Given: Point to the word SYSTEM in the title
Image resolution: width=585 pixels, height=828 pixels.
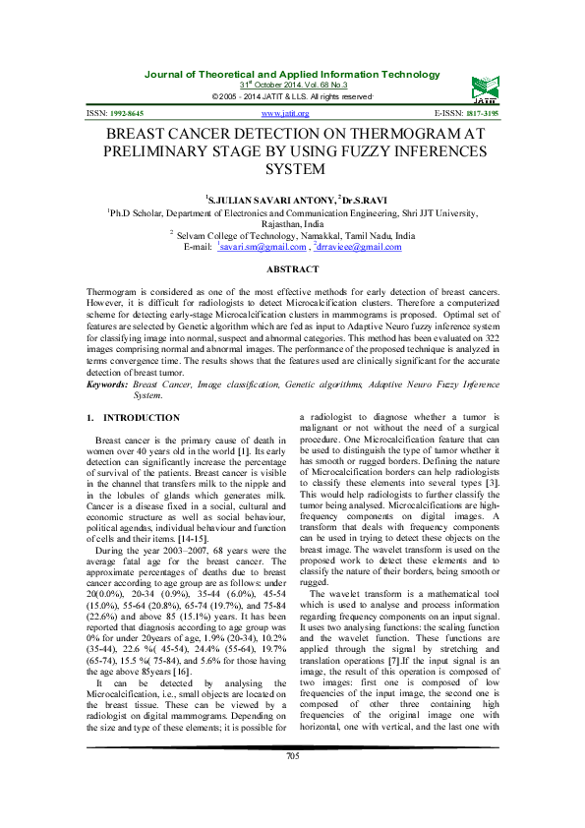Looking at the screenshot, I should (x=292, y=169).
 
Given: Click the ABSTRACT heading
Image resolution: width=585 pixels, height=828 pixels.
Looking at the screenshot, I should (x=292, y=269).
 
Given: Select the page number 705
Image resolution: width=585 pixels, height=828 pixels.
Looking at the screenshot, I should (x=292, y=782).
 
